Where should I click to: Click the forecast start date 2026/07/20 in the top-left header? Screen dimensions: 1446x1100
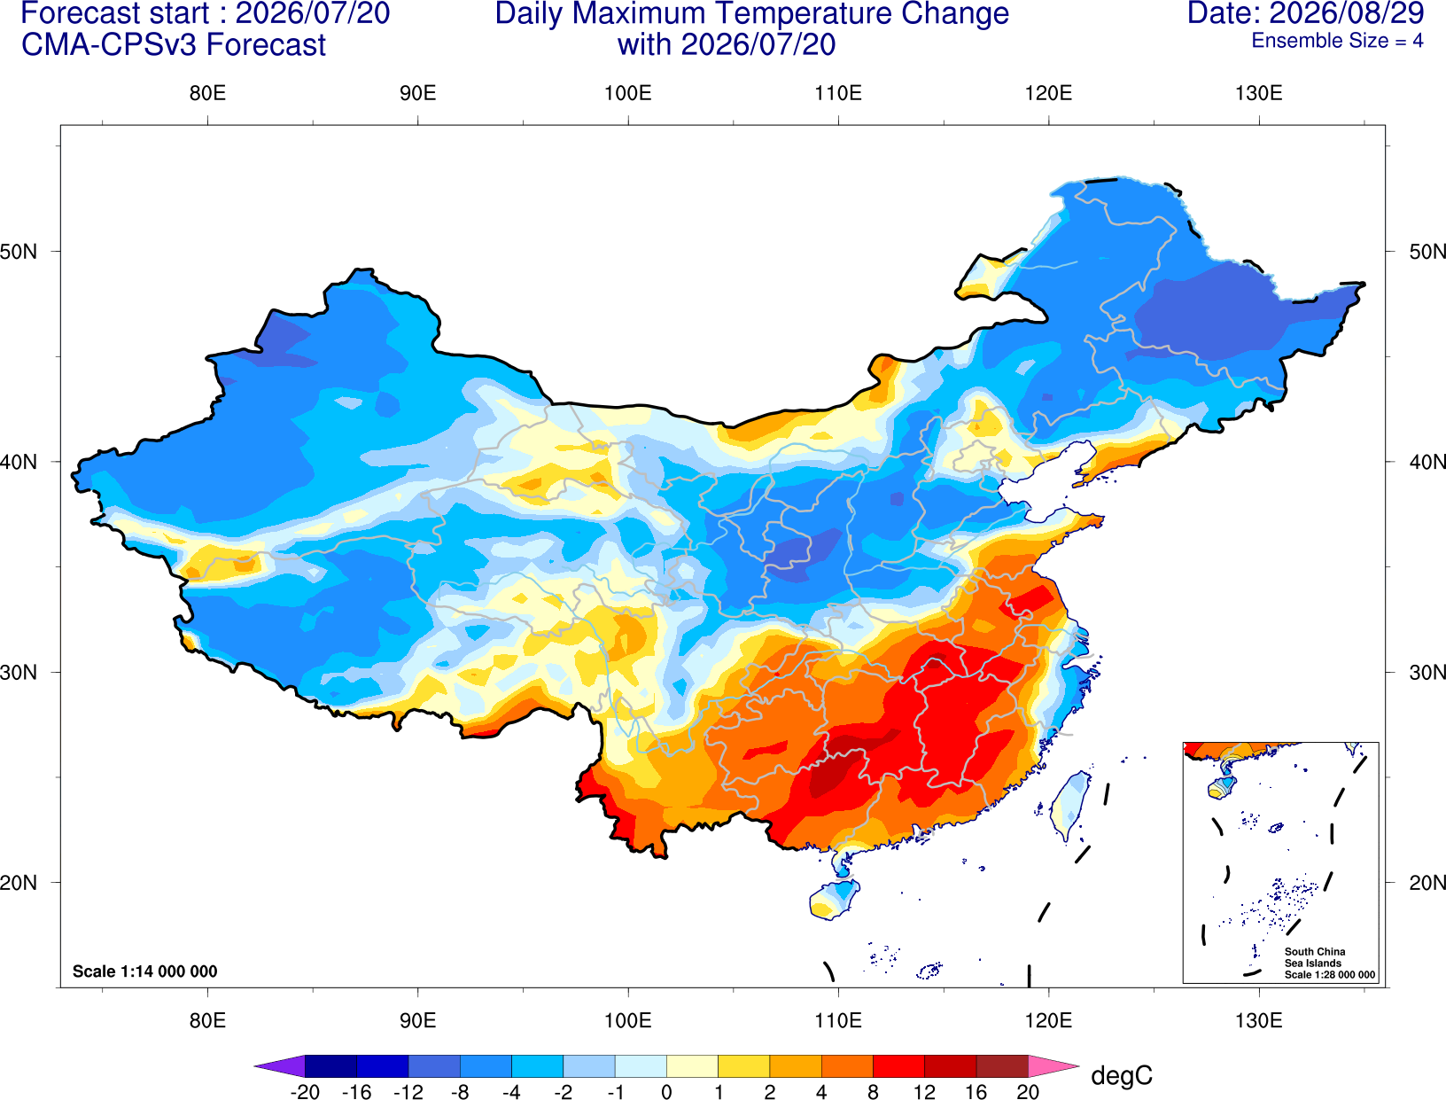pyautogui.click(x=312, y=13)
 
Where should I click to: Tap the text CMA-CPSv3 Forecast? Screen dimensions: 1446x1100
pyautogui.click(x=174, y=45)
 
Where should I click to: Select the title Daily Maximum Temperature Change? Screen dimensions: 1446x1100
pyautogui.click(x=751, y=13)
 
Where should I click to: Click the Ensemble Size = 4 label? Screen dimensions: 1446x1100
pyautogui.click(x=1337, y=41)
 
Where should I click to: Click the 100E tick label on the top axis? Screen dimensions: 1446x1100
pyautogui.click(x=628, y=93)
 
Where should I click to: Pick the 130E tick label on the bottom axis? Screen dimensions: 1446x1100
pyautogui.click(x=1258, y=1021)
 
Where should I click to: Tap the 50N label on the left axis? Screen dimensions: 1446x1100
pyautogui.click(x=18, y=252)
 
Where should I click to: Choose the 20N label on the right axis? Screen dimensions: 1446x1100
pyautogui.click(x=1427, y=883)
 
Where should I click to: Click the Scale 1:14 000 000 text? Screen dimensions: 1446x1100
pyautogui.click(x=145, y=971)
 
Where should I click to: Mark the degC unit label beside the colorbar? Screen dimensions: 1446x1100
pyautogui.click(x=1122, y=1075)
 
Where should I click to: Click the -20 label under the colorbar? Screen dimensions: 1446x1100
pyautogui.click(x=305, y=1092)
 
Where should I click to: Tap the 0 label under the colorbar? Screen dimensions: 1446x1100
pyautogui.click(x=666, y=1092)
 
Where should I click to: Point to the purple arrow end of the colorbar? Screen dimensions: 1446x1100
pyautogui.click(x=279, y=1065)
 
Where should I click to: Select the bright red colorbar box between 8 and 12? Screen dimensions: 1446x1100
pyautogui.click(x=898, y=1065)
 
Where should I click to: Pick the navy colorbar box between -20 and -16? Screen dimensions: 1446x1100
pyautogui.click(x=330, y=1065)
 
